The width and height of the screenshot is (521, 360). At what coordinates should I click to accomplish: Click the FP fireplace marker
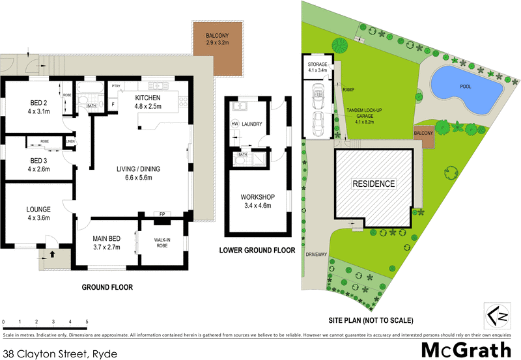(161, 214)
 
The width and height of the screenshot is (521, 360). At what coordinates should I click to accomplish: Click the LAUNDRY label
(251, 123)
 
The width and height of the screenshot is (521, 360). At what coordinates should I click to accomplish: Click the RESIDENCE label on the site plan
(374, 184)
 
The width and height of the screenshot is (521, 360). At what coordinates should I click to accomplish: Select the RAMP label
(347, 90)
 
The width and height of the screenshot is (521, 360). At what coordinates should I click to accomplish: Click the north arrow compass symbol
(496, 314)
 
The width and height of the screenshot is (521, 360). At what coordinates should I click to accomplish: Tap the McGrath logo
(466, 348)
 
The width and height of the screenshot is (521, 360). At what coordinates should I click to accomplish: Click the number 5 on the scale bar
(87, 322)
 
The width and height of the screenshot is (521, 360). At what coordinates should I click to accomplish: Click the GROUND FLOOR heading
(107, 287)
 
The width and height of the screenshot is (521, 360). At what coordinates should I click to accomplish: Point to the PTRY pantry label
(116, 86)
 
